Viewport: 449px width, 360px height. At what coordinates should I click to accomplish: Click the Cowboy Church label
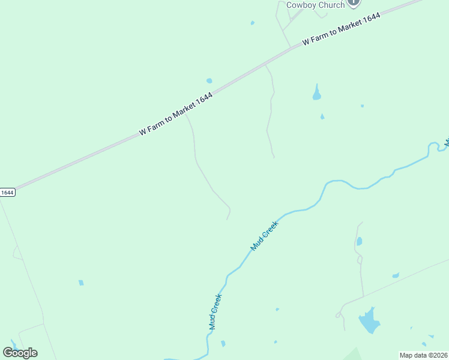pyautogui.click(x=315, y=5)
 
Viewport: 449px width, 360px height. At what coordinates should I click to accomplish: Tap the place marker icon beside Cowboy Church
pyautogui.click(x=354, y=2)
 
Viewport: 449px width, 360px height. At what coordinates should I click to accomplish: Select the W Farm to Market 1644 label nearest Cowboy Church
pyautogui.click(x=342, y=29)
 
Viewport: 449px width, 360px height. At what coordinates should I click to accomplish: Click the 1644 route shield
pyautogui.click(x=7, y=193)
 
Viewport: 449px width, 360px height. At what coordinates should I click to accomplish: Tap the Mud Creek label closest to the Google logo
pyautogui.click(x=215, y=311)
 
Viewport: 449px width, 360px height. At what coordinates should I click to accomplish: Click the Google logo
pyautogui.click(x=20, y=352)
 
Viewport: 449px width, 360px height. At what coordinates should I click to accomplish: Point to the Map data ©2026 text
pyautogui.click(x=424, y=355)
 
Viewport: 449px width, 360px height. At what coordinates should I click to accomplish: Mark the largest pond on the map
pyautogui.click(x=369, y=321)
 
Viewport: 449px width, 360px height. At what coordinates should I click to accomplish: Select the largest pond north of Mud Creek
pyautogui.click(x=316, y=92)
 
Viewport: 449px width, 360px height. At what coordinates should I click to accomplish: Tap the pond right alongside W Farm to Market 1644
pyautogui.click(x=209, y=80)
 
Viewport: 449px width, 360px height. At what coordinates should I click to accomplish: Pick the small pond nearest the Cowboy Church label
pyautogui.click(x=252, y=23)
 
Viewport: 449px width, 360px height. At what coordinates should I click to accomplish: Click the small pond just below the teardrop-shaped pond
pyautogui.click(x=322, y=116)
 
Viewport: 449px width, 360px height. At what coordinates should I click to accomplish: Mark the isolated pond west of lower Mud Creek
pyautogui.click(x=81, y=283)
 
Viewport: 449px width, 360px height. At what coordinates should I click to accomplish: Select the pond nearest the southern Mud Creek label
pyautogui.click(x=223, y=344)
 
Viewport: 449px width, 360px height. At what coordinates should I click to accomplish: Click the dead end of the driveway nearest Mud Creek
pyautogui.click(x=226, y=219)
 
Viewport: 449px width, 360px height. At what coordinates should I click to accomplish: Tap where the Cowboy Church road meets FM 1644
pyautogui.click(x=292, y=47)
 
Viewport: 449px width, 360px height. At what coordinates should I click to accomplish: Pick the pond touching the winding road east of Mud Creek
pyautogui.click(x=359, y=241)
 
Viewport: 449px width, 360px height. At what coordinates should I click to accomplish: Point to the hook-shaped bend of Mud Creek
pyautogui.click(x=432, y=146)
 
